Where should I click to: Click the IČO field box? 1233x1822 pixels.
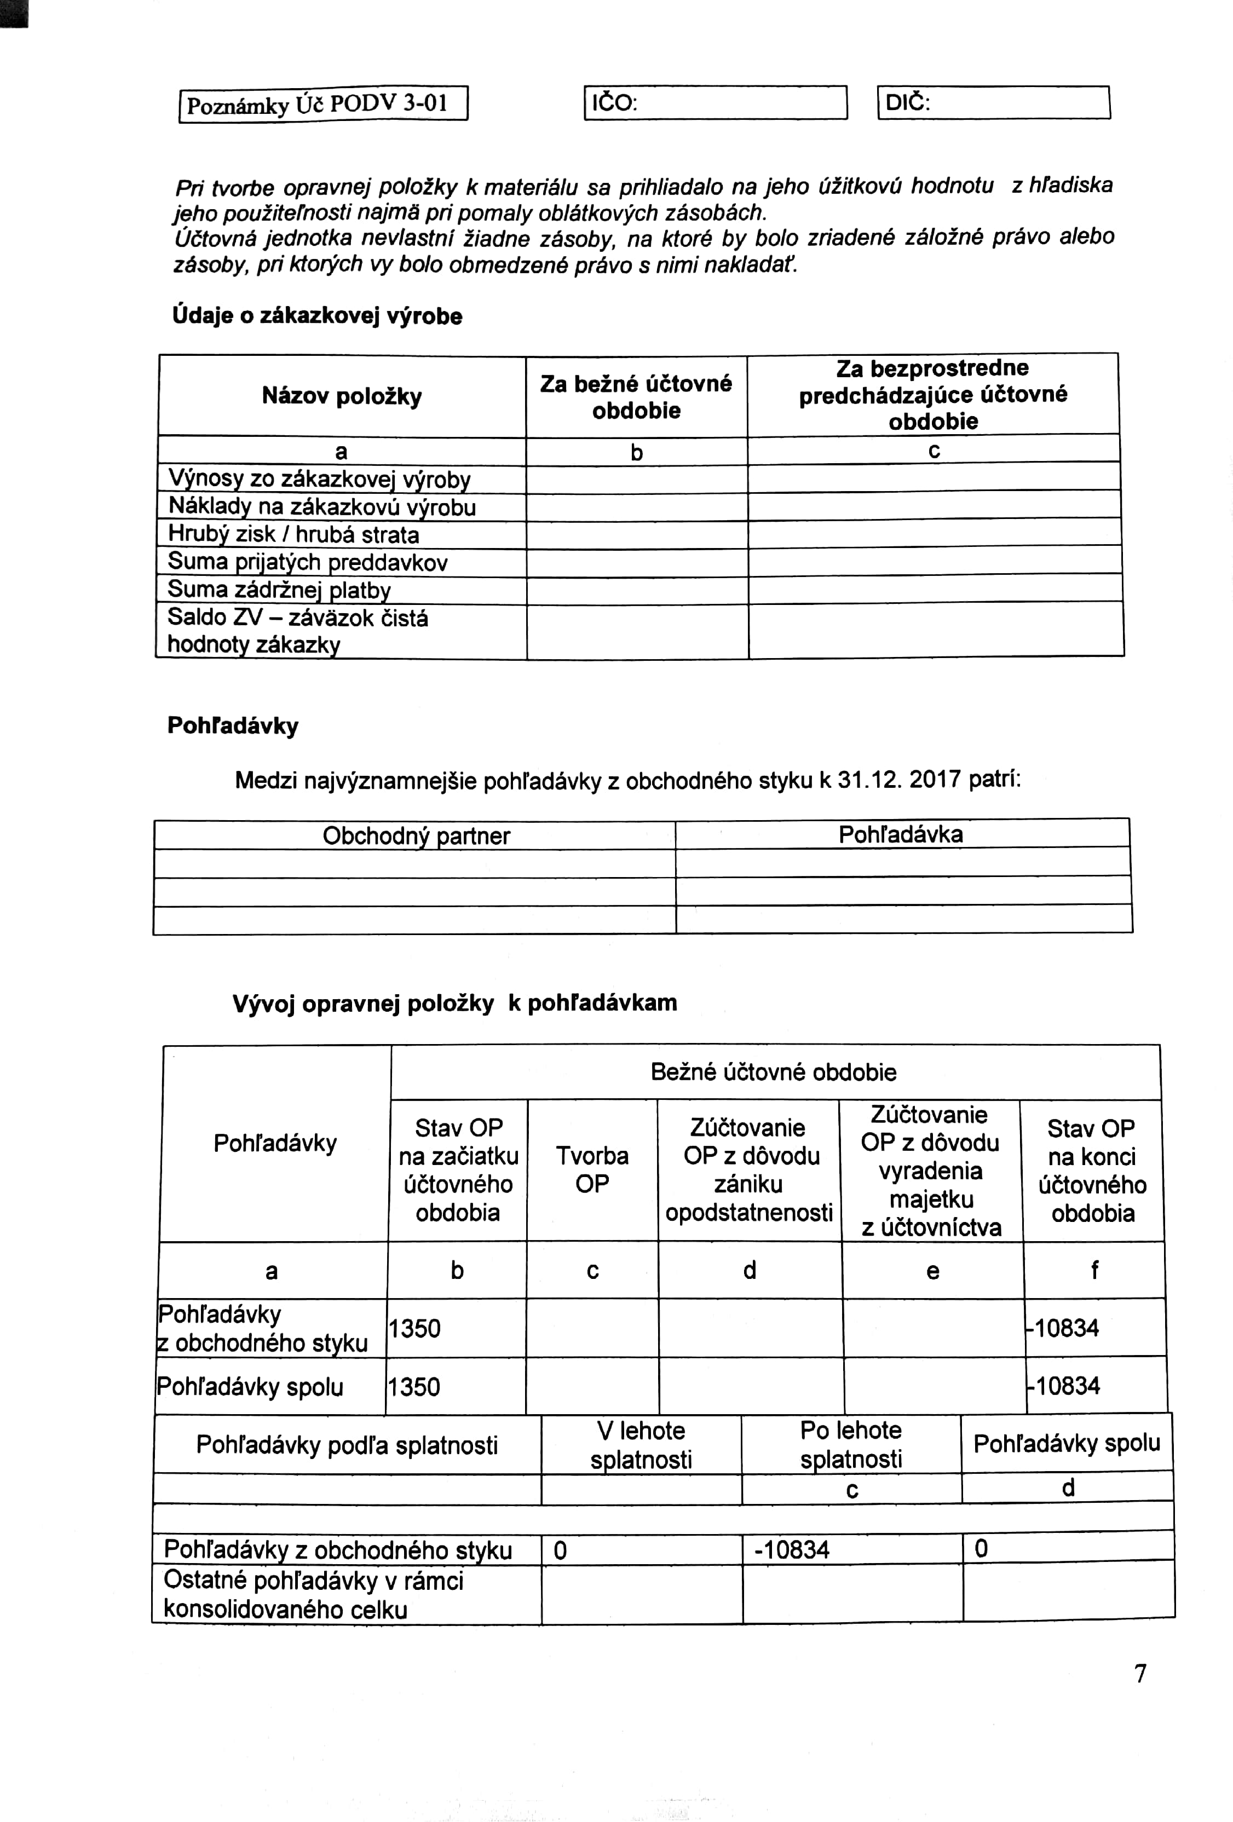click(715, 103)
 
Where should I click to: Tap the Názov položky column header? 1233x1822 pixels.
click(342, 396)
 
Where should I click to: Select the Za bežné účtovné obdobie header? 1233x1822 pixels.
click(636, 397)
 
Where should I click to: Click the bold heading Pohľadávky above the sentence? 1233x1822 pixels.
click(233, 725)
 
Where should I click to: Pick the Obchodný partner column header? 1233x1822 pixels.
click(416, 836)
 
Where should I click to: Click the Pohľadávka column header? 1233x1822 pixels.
click(900, 834)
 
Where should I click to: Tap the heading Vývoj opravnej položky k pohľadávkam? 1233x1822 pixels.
click(454, 1004)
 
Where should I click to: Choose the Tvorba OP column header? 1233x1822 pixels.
click(592, 1170)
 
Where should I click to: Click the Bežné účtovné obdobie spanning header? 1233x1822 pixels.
click(773, 1072)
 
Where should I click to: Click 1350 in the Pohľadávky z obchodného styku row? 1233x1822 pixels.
click(414, 1328)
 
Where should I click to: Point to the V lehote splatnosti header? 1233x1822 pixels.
click(641, 1445)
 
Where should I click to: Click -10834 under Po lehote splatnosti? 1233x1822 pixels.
click(792, 1549)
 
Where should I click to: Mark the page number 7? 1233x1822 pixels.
click(1140, 1674)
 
